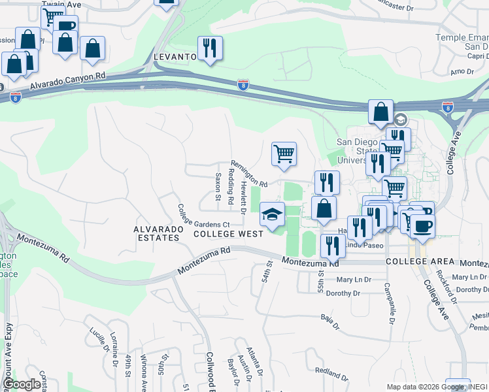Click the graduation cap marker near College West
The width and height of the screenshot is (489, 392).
273,214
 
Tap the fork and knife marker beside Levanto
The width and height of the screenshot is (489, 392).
210,48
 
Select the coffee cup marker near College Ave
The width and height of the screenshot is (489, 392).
422,226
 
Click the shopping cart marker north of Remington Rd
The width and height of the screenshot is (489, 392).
284,154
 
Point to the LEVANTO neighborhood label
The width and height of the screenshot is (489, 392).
175,57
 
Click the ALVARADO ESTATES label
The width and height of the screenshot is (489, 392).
156,233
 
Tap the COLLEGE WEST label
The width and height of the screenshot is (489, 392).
228,233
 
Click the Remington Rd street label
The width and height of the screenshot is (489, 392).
248,173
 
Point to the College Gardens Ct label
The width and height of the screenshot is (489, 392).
203,217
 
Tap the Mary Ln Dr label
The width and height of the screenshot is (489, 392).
354,280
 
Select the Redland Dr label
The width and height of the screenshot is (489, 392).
331,373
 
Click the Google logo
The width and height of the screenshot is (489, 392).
22,384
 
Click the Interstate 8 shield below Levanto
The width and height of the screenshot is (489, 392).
242,85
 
